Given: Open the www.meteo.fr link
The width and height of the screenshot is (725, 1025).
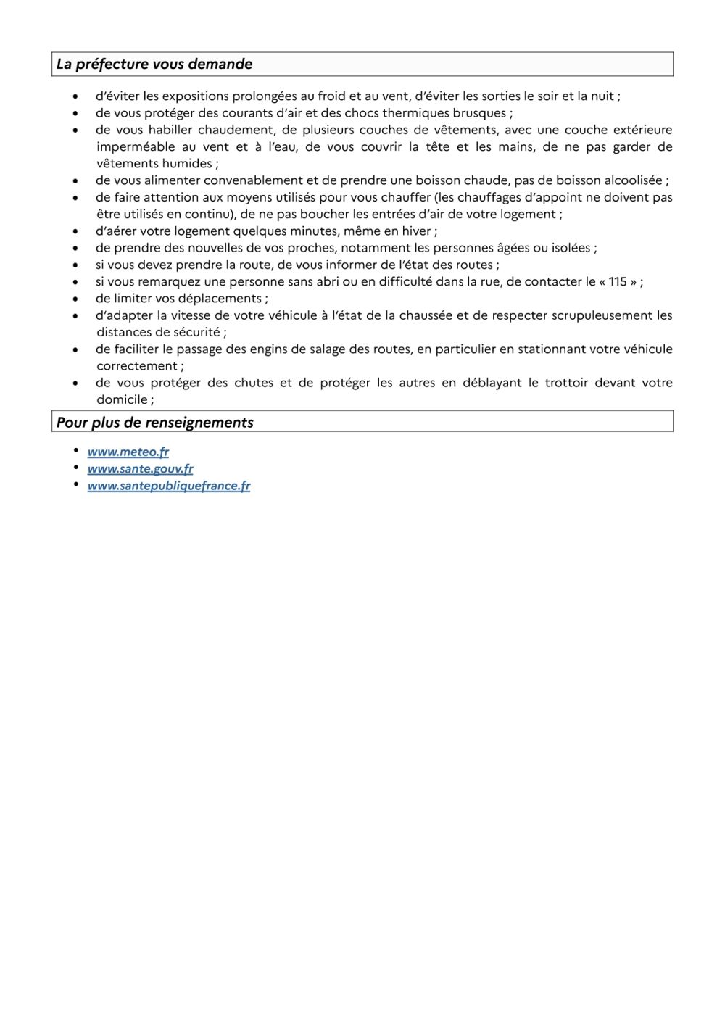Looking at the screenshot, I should click(128, 452).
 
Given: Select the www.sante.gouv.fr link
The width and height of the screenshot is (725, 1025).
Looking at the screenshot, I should click(140, 468).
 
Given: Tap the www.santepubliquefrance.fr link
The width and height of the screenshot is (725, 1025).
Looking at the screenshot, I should click(169, 486).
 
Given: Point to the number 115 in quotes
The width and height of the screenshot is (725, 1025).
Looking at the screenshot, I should click(618, 281).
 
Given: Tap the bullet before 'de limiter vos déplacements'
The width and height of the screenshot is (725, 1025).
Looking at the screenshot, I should click(75, 299).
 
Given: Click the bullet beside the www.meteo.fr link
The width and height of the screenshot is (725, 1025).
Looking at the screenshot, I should click(76, 451).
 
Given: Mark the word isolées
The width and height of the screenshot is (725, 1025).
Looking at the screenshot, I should click(570, 248).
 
